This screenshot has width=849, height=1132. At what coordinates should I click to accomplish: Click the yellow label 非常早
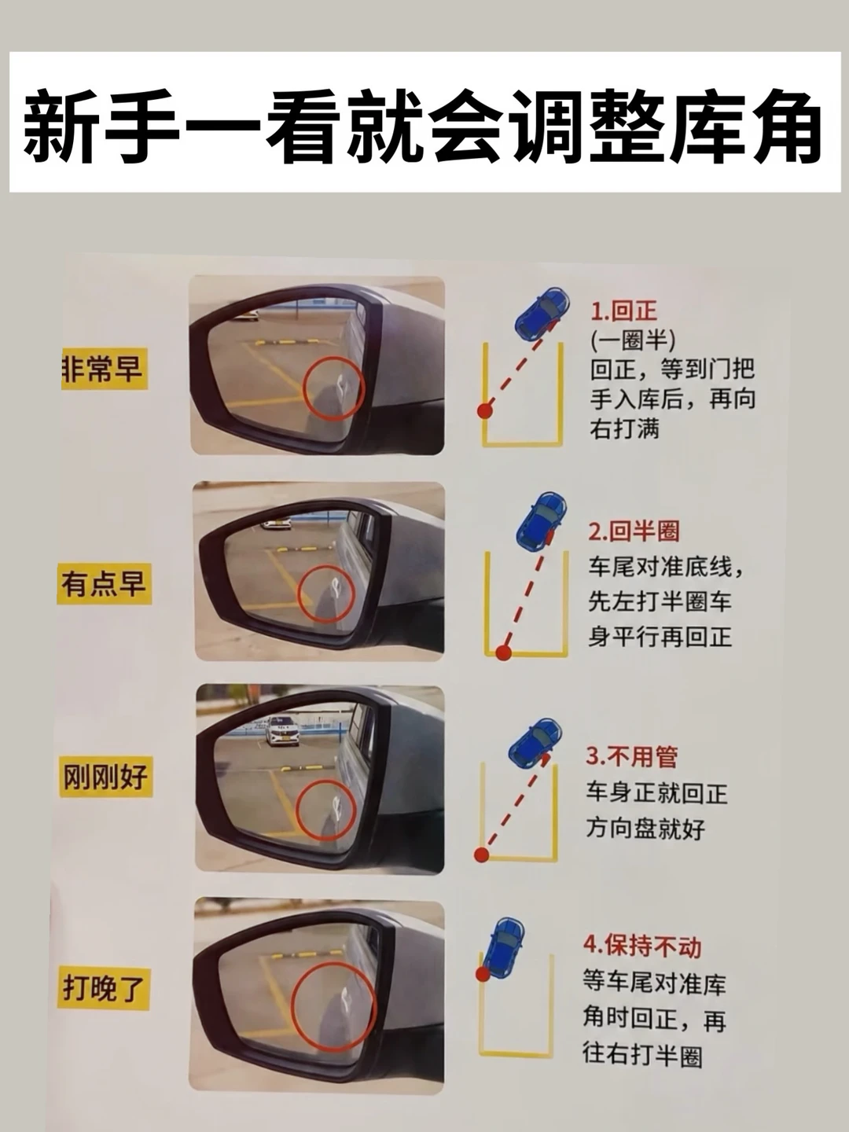(x=105, y=369)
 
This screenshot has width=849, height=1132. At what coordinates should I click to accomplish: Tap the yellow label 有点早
(x=104, y=584)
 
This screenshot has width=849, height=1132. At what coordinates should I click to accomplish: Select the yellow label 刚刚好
(x=105, y=776)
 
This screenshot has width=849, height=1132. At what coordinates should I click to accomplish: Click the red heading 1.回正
(x=623, y=311)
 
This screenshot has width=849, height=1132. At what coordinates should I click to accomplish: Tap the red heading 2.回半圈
(x=634, y=531)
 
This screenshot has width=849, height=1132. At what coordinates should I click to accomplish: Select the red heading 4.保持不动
(x=642, y=946)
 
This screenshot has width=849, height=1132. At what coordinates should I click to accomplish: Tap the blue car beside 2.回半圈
(x=542, y=521)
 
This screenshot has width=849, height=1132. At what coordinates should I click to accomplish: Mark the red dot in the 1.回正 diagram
(x=484, y=411)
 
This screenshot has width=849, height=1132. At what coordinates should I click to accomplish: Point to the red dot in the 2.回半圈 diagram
(x=504, y=653)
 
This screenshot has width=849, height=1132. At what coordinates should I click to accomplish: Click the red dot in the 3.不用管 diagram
(x=481, y=854)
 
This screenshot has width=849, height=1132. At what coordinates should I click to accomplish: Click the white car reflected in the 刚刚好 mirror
(x=282, y=730)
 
